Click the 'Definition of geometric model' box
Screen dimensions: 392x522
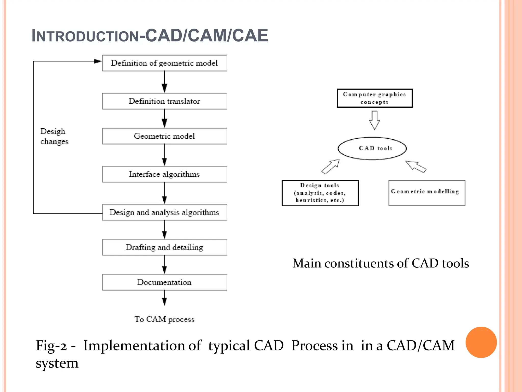tap(164, 63)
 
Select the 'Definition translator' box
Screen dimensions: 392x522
tap(164, 101)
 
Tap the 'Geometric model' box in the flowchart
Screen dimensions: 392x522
tap(164, 136)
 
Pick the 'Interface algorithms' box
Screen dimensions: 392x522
tap(164, 174)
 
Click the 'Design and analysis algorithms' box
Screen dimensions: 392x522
tap(164, 212)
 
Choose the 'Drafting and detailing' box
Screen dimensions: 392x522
tap(164, 247)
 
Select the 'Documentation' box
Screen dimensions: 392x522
tap(164, 282)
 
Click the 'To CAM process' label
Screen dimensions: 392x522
tap(164, 319)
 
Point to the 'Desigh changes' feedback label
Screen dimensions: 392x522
tap(54, 136)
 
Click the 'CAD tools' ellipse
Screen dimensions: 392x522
tap(372, 148)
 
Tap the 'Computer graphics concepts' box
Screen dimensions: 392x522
tap(374, 98)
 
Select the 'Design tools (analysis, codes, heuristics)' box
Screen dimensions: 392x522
tap(320, 193)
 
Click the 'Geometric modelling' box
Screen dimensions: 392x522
tap(427, 193)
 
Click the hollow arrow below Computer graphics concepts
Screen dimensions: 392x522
tap(374, 120)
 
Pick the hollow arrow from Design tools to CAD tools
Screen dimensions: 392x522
tap(331, 167)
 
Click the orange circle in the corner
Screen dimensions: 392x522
tap(481, 342)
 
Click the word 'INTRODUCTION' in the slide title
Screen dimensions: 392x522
tap(85, 36)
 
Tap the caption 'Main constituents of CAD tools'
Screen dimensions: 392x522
tap(381, 263)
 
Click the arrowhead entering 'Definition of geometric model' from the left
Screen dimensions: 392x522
tap(98, 61)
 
